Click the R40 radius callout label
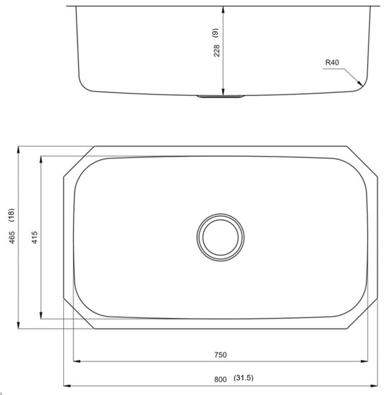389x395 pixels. pos(332,63)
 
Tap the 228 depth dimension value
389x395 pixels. pos(217,51)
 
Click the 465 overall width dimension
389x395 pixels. pos(12,237)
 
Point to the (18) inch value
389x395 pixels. pos(12,215)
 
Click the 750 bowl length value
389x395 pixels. pos(220,355)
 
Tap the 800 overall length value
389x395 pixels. pos(220,379)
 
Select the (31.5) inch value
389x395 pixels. pos(243,378)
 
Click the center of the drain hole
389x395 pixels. pos(220,237)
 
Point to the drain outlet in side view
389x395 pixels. pos(220,97)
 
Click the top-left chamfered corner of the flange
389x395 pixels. pos(79,161)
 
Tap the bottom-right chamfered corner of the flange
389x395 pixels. pos(362,314)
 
